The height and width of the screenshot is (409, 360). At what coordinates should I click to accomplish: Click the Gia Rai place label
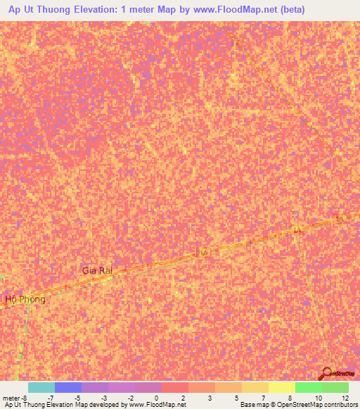[97, 271]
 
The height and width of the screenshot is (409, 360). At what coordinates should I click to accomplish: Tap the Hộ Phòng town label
[25, 299]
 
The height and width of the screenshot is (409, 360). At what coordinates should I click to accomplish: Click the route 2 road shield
[238, 44]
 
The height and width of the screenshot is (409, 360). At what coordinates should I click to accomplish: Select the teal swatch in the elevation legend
[41, 387]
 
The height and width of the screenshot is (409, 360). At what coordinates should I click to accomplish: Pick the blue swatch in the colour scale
[68, 387]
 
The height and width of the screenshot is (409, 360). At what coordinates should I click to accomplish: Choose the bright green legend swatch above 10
[308, 387]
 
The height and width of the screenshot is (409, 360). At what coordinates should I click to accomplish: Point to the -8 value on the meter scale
[24, 398]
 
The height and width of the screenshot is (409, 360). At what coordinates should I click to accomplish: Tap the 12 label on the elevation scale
[344, 398]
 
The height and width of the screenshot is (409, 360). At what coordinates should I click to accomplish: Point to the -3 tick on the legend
[103, 398]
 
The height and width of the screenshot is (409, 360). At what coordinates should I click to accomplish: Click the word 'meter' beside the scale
[10, 398]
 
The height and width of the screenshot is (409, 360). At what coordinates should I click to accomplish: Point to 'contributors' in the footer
[338, 405]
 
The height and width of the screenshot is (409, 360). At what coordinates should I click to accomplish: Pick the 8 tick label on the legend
[290, 398]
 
